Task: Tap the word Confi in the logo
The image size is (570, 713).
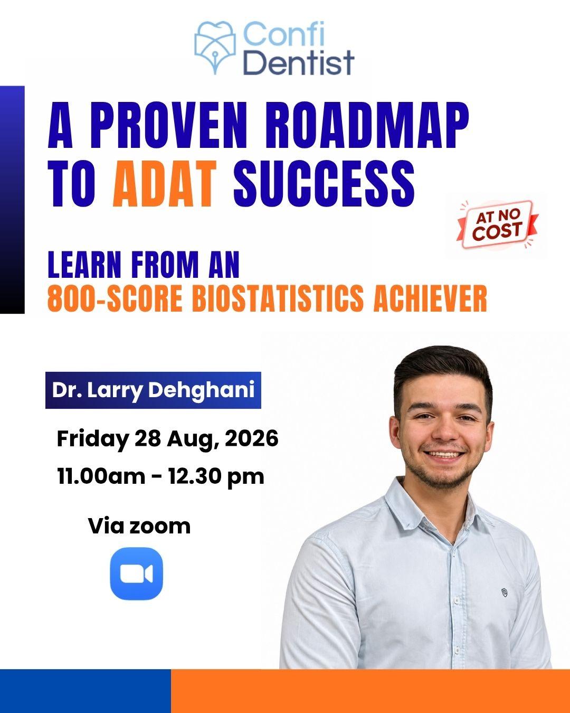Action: click(284, 34)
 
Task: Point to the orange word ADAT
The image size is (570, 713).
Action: click(165, 184)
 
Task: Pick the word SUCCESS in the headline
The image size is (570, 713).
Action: click(324, 184)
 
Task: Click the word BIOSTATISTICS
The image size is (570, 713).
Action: click(278, 298)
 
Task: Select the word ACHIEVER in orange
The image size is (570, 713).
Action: click(430, 298)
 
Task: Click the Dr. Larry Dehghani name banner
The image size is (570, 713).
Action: click(153, 390)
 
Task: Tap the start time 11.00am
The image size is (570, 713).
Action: click(101, 476)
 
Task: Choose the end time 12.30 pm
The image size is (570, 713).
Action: click(216, 477)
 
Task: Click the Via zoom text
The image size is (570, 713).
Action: click(139, 526)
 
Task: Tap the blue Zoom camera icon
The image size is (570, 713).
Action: click(137, 574)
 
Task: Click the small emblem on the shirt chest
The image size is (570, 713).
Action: click(504, 593)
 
